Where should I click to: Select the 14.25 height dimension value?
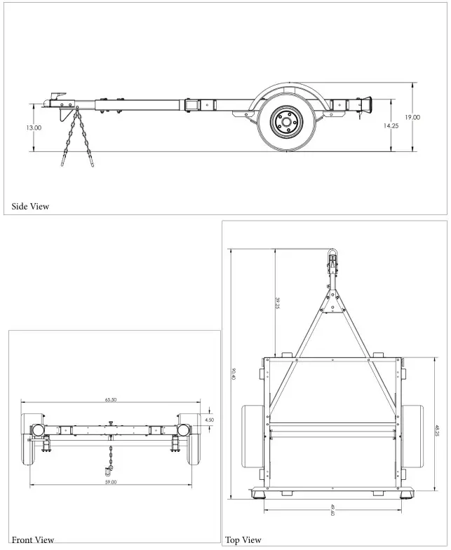coord(391,126)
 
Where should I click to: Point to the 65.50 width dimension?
coord(111,399)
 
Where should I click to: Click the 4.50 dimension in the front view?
coord(209,420)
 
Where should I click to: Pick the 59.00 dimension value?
coord(111,482)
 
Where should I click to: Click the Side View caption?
coord(30,206)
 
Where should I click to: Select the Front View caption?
coord(33,539)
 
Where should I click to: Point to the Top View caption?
coord(243,539)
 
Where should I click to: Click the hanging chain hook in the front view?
coord(110,466)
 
